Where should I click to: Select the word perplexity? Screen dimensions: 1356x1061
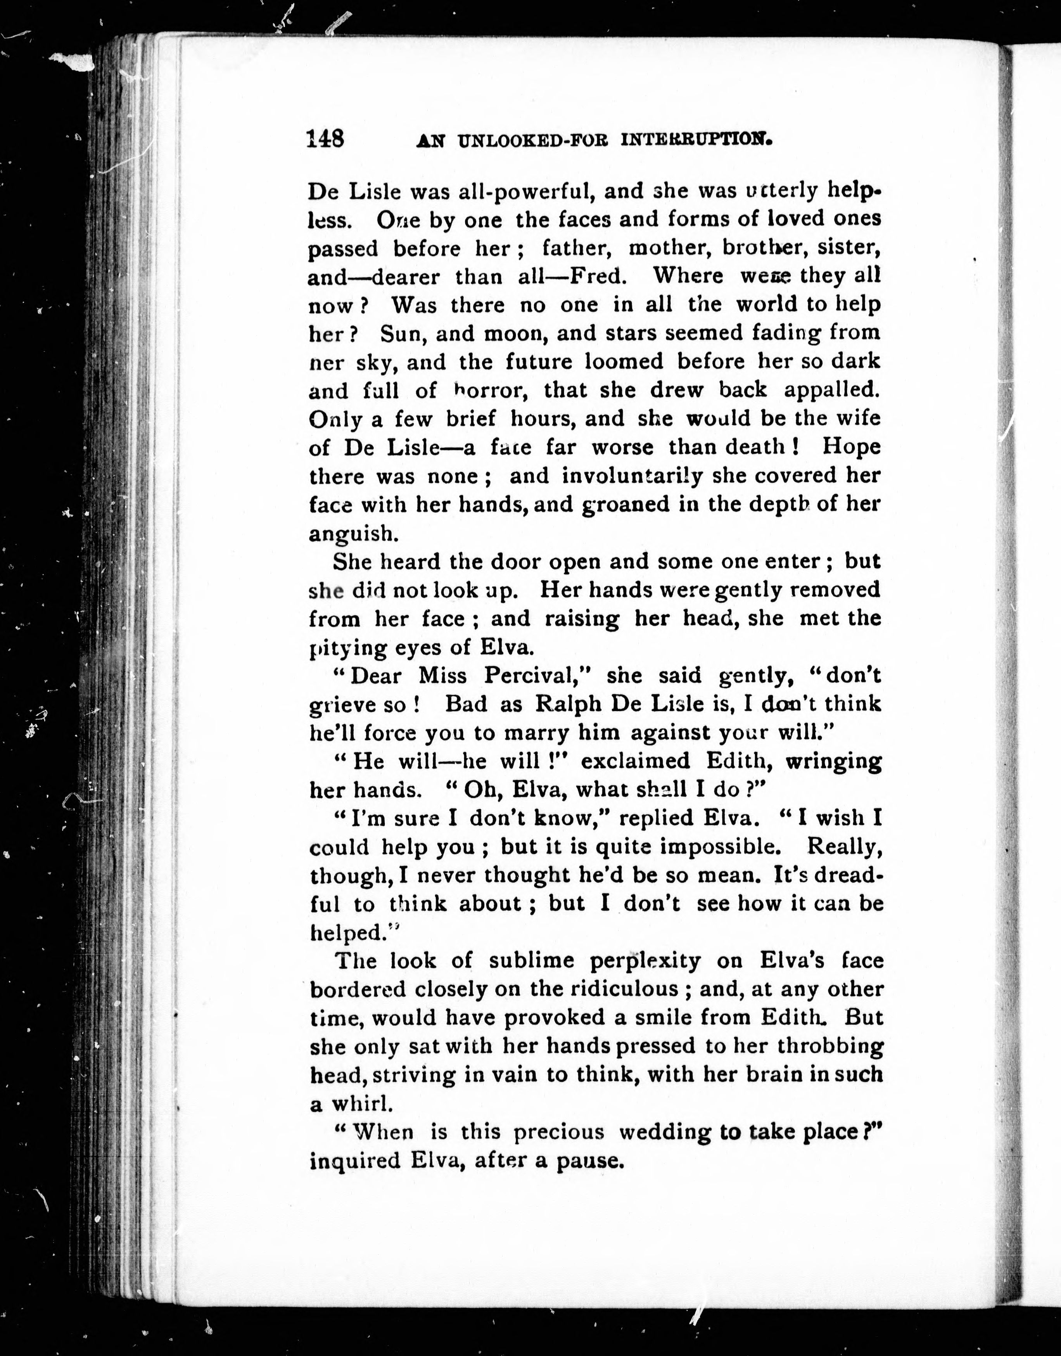click(x=645, y=961)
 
